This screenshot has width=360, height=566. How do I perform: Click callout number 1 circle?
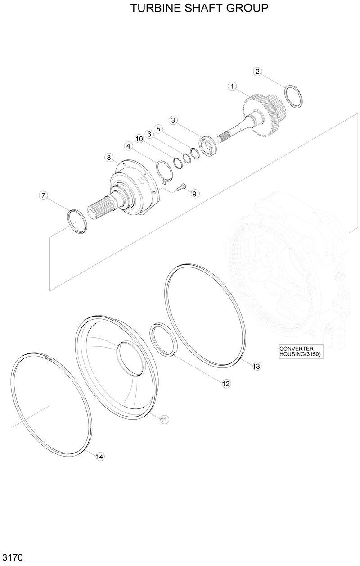(233, 86)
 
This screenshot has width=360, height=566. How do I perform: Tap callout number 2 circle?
(257, 71)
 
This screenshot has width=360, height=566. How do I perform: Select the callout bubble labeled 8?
(108, 157)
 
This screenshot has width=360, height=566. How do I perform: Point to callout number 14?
(100, 457)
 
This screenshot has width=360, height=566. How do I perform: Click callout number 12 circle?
(226, 384)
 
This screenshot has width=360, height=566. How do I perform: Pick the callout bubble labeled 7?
(43, 195)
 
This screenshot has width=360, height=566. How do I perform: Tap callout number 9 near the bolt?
(194, 194)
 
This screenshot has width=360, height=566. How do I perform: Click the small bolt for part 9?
(182, 187)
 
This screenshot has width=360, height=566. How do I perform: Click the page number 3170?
(12, 557)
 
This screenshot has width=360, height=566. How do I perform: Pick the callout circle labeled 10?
(139, 139)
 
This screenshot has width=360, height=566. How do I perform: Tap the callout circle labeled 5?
(157, 129)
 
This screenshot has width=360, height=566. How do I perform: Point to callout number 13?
(256, 366)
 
